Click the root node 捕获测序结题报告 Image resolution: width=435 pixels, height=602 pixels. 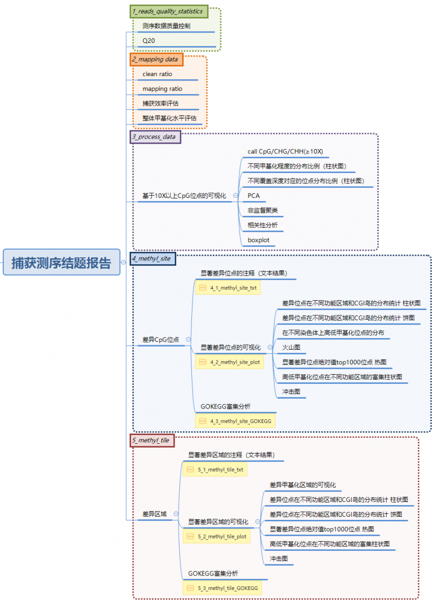coord(61,262)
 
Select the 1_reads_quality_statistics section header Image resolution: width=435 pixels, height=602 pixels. coord(167,11)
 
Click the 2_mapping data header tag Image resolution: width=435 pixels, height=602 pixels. coord(154,59)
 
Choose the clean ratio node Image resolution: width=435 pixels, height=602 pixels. coord(157,74)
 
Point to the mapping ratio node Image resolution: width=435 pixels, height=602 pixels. coord(162,89)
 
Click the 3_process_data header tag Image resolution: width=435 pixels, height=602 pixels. coord(154,136)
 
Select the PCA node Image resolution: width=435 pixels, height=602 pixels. coord(254,195)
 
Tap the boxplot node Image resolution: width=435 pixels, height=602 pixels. coord(258,240)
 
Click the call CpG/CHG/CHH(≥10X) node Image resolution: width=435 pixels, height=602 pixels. coord(285,151)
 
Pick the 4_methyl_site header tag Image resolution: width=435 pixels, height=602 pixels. coord(153,259)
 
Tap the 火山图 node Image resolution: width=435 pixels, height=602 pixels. coord(291,347)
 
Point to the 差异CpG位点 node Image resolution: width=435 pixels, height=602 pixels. coord(161,339)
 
